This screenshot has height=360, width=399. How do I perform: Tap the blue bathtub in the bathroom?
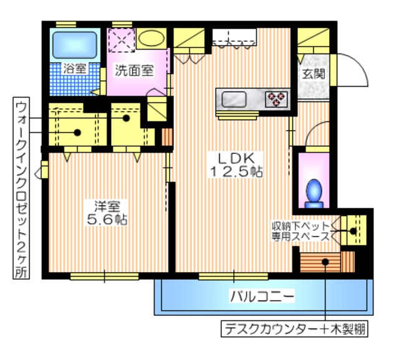pyautogui.click(x=73, y=44)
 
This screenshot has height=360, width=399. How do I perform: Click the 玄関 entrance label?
pyautogui.click(x=313, y=73)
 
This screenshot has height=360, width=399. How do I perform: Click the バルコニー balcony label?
pyautogui.click(x=262, y=296)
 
